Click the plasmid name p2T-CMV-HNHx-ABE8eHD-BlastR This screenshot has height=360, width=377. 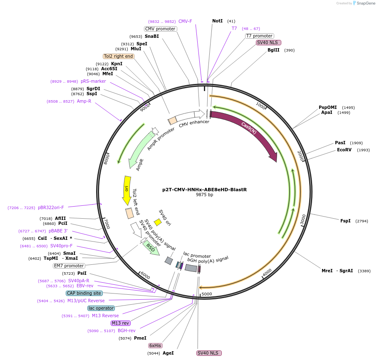point(204,190)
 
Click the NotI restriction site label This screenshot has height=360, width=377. point(217,21)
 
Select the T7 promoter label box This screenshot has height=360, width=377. point(259,36)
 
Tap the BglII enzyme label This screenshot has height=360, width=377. point(273,50)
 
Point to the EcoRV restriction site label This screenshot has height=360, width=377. point(344,150)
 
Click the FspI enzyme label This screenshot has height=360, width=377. point(345,221)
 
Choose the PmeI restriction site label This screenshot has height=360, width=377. point(140,338)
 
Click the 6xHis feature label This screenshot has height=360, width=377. point(155,345)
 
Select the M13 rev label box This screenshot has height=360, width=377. point(120,323)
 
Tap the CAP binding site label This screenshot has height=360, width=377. point(84,293)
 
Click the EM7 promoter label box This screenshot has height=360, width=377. point(69,266)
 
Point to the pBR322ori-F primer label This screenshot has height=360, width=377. point(51,207)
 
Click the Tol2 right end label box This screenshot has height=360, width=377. point(119,56)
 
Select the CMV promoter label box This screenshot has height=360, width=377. point(160,29)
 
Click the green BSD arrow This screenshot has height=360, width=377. point(151,248)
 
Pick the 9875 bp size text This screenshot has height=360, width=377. point(204,195)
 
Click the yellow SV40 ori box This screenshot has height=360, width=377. point(158,222)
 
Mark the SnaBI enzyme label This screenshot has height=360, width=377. point(151,36)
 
